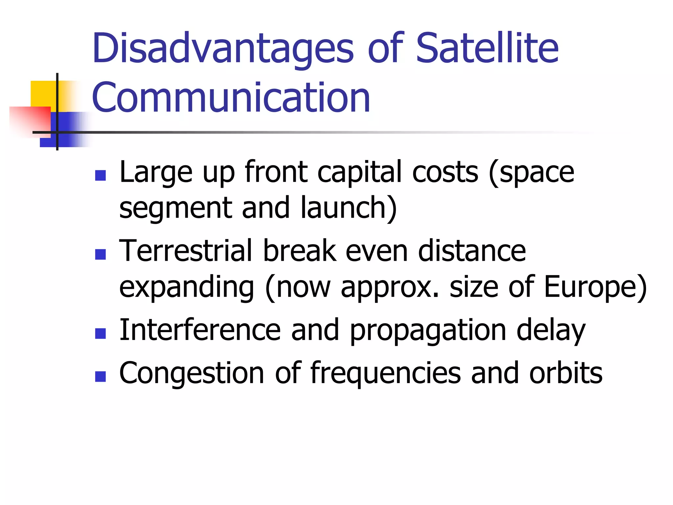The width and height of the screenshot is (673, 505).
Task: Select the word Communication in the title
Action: click(x=231, y=98)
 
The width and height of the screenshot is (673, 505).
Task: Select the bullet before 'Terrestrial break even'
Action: click(x=100, y=254)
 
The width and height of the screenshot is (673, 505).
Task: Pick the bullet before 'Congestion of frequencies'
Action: click(x=100, y=376)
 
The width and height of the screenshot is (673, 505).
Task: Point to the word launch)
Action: click(x=349, y=208)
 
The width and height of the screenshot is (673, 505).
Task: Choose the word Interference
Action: click(x=200, y=330)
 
